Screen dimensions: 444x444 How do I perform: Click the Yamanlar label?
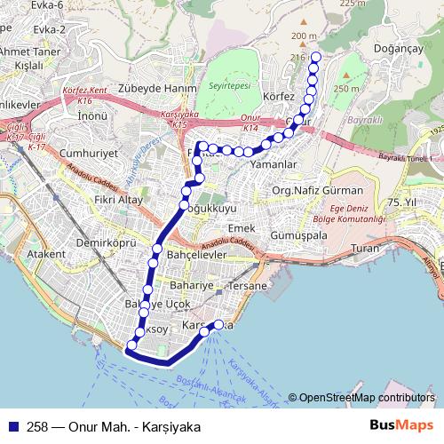[x=272, y=164]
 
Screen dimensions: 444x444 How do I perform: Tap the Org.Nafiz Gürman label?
[x=318, y=191]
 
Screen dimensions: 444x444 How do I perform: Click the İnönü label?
[x=92, y=115]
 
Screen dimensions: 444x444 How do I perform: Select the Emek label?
[x=241, y=228]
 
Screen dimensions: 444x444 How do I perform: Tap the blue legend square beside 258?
[x=12, y=425]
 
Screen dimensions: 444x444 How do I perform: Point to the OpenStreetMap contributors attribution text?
[x=366, y=397]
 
